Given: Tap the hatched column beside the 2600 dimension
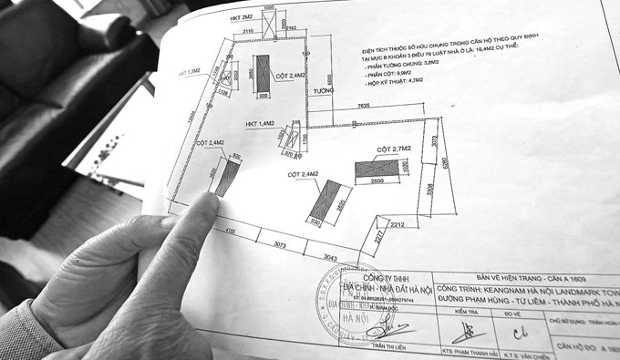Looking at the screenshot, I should [376, 170].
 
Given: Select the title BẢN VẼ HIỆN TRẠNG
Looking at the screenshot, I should [510, 264].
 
